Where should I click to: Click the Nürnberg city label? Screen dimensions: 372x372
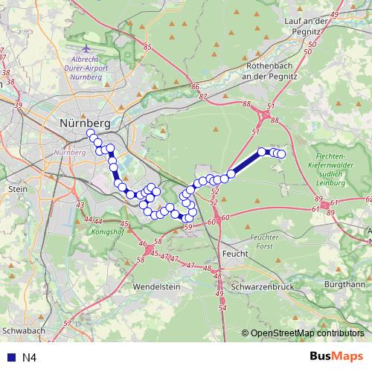coord(84,122)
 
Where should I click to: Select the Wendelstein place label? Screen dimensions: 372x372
coord(157,286)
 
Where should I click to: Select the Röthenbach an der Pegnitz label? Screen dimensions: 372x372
coord(260,71)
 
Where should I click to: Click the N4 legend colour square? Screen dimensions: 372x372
coord(8,358)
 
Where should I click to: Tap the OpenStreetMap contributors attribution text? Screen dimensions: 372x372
coord(307,333)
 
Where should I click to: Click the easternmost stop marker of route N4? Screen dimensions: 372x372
coord(281,154)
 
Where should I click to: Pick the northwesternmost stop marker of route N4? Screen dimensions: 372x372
coord(92,134)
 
